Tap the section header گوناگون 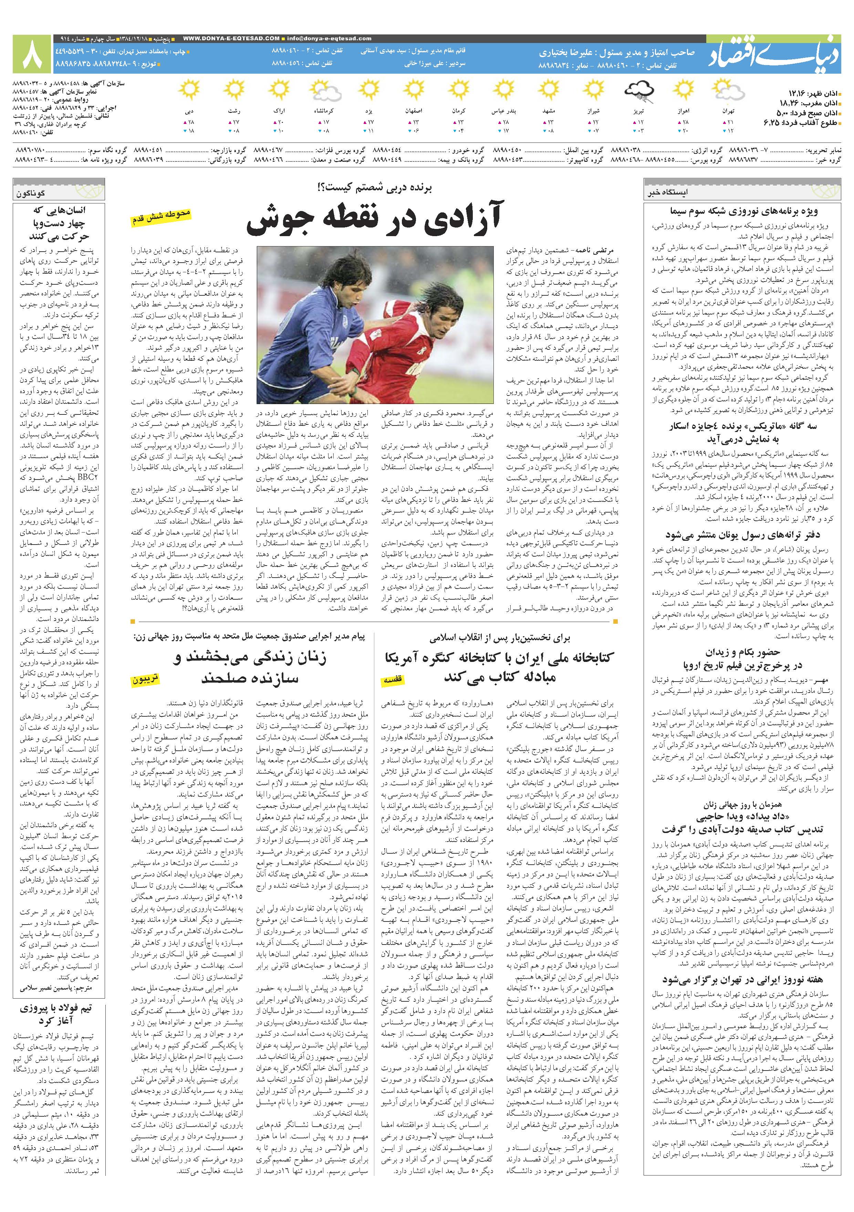click(31, 194)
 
